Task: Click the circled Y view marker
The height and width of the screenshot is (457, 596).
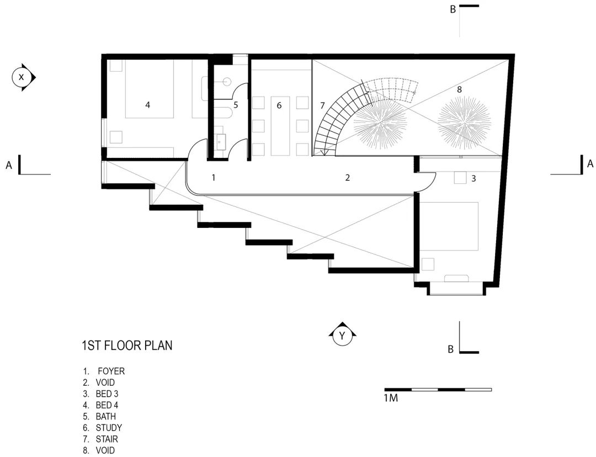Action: (342, 336)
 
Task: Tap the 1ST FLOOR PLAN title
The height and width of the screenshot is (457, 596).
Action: (127, 346)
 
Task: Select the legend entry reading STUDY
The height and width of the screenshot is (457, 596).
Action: (108, 428)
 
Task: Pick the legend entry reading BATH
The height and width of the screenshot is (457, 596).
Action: (105, 416)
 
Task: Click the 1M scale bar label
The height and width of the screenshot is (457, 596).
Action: (391, 397)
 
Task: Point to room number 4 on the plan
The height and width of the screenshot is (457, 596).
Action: (147, 105)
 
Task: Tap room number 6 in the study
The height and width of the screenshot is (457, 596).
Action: (279, 105)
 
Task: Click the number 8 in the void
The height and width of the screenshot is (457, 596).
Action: (459, 89)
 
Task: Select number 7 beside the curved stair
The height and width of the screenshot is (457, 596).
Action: (322, 105)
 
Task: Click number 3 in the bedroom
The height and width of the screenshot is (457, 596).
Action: (473, 178)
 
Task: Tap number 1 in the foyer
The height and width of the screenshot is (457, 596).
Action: (213, 178)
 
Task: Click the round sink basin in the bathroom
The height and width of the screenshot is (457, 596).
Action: (226, 82)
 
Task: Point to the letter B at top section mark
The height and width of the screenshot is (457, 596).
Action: (453, 9)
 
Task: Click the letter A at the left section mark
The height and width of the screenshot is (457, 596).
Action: (9, 164)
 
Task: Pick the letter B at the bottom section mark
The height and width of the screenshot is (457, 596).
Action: (450, 349)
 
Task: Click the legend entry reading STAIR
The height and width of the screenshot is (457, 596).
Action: (107, 439)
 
